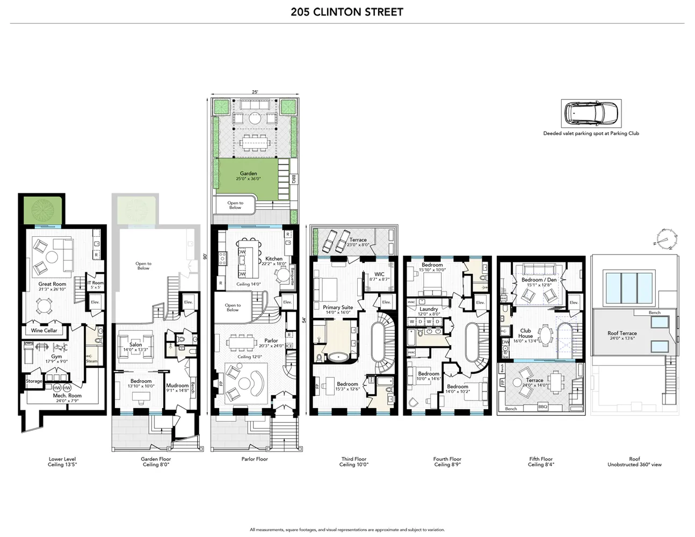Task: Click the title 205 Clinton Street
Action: tap(347, 12)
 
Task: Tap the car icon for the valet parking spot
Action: tap(591, 113)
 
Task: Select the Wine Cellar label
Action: tap(44, 330)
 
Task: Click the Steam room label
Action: tap(92, 361)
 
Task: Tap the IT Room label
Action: tap(96, 283)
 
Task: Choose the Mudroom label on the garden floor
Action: tap(177, 386)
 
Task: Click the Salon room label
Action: tap(135, 345)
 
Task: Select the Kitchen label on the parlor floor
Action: tap(273, 259)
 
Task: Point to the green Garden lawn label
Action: tap(248, 174)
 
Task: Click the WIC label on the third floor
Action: tap(379, 274)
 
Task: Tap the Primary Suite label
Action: tap(338, 308)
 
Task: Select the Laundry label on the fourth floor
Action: tap(429, 309)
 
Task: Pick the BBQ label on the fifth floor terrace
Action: tap(542, 407)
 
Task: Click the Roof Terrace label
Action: tap(622, 333)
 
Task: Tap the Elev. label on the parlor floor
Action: tap(287, 302)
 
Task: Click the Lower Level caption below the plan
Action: tap(62, 459)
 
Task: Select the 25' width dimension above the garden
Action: tap(255, 92)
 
